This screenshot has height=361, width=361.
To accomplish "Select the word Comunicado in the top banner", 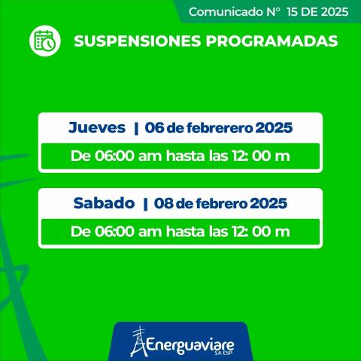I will pos(222,11).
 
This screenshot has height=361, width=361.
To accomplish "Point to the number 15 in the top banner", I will pos(283,11).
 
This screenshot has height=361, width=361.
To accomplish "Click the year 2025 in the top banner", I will pos(333,11).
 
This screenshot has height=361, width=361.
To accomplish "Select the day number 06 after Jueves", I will pos(154,128).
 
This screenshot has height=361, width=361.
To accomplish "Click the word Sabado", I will pos(103,202).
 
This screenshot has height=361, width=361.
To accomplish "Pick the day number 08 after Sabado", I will pos(163,203).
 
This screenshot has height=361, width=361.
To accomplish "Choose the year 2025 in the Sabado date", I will pos(268,203).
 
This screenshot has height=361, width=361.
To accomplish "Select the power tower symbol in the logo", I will pos(137,342).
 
